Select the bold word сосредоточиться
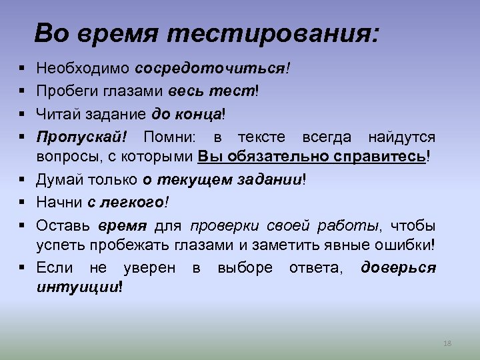coord(209,68)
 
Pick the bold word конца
coord(199,113)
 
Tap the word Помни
coord(177,137)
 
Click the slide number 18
coord(447,343)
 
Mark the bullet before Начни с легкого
coord(22,201)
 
